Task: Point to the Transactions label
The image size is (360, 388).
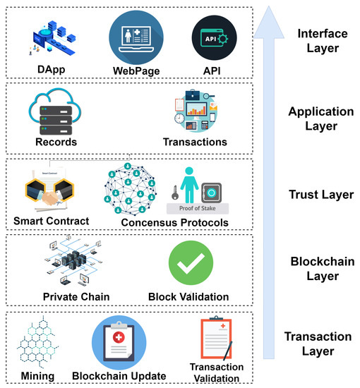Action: click(196, 142)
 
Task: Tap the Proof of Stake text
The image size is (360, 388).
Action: click(198, 209)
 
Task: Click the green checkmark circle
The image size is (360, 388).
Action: click(191, 264)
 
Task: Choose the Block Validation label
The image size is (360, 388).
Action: click(188, 296)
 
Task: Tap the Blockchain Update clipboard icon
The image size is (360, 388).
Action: click(119, 342)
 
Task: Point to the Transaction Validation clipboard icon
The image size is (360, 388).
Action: click(217, 341)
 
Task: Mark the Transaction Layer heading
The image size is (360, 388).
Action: click(318, 344)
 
